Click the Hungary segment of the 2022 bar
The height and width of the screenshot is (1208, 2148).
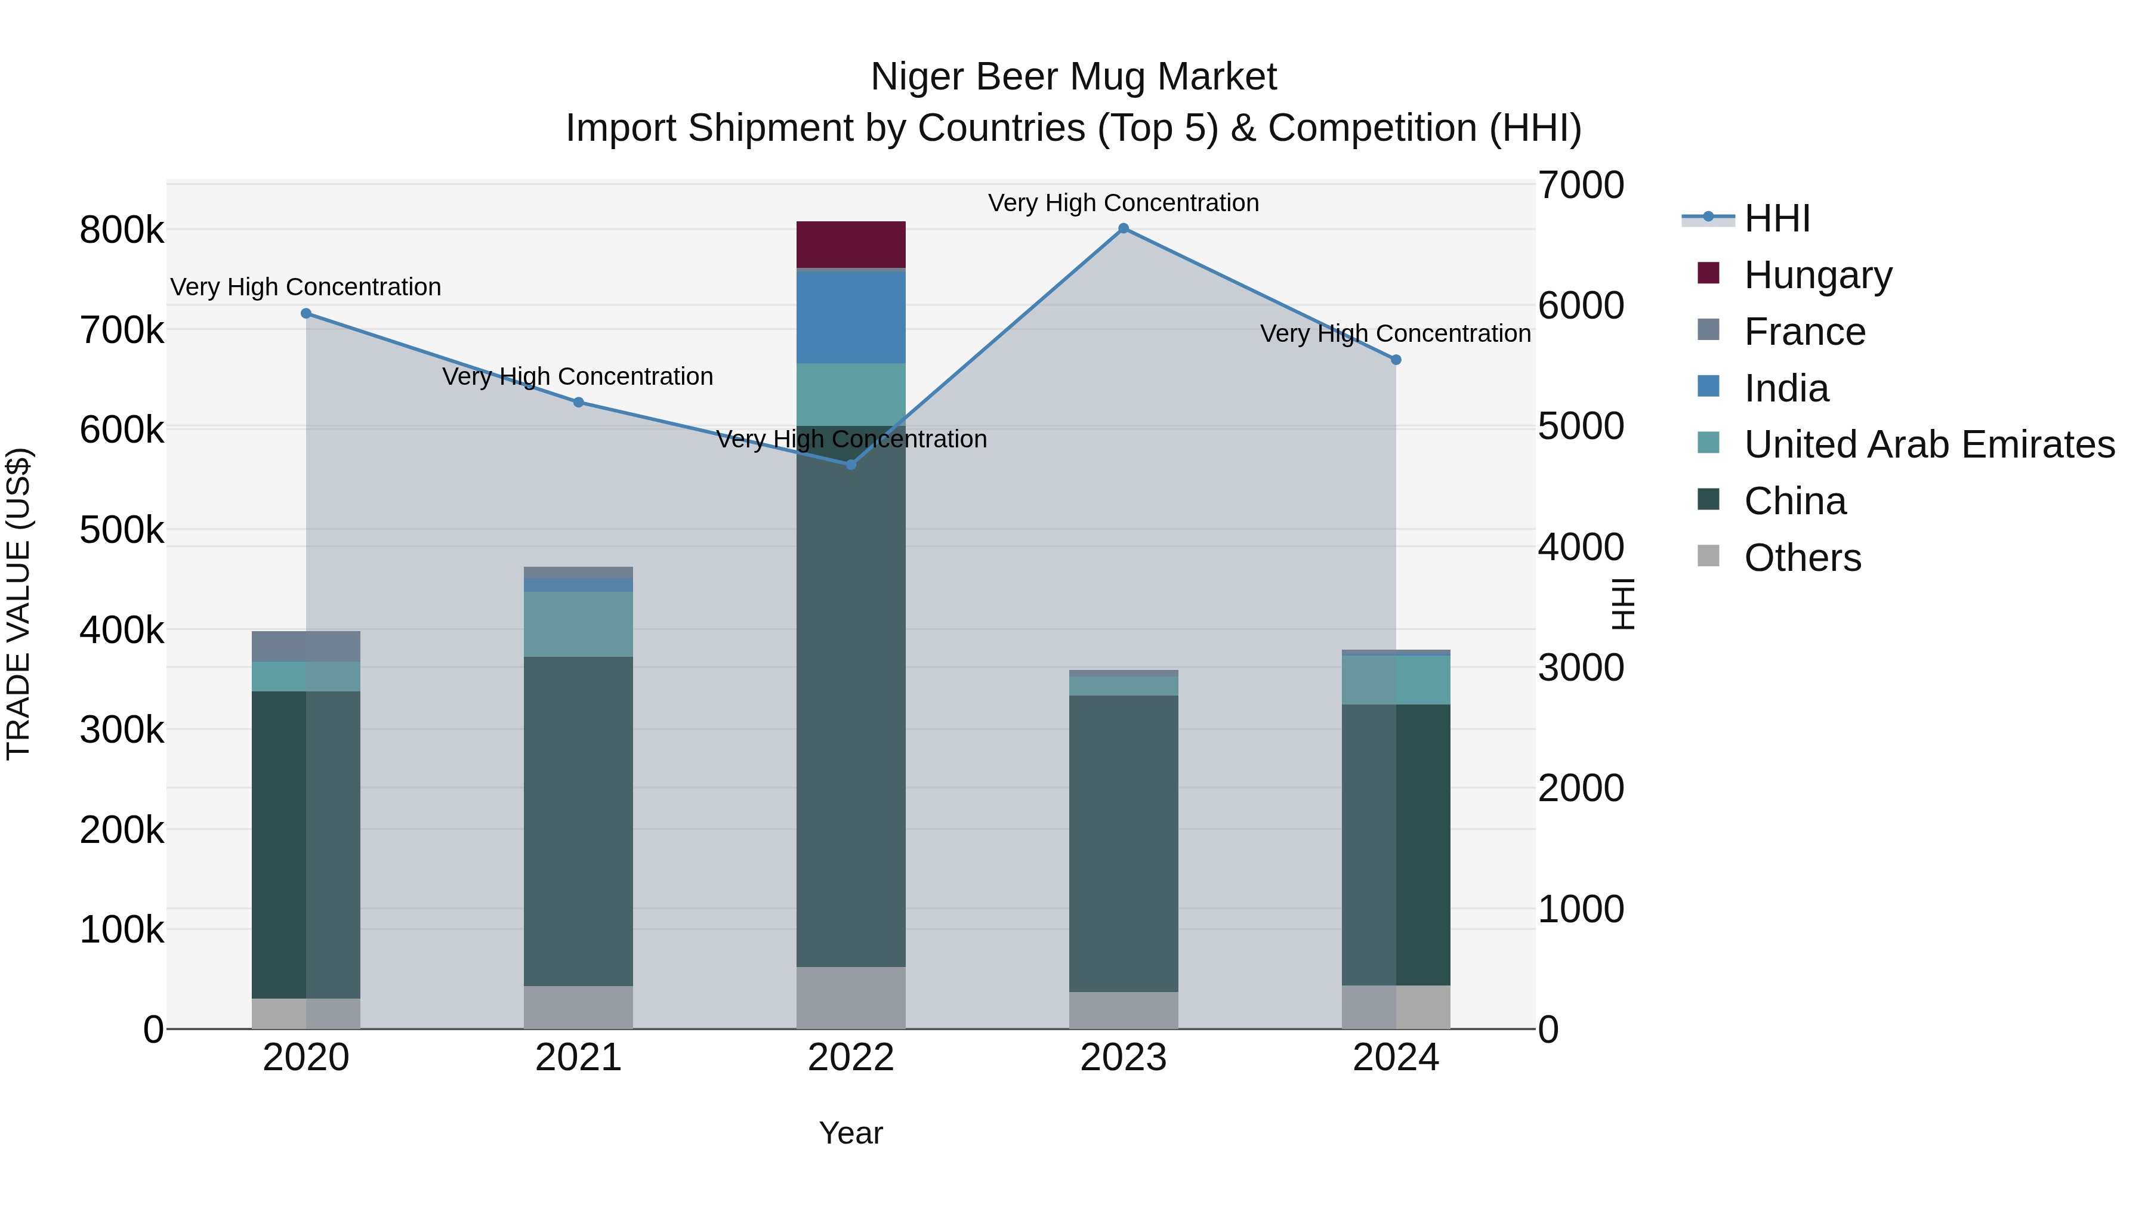pos(850,244)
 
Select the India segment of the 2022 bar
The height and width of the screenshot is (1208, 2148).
pos(850,317)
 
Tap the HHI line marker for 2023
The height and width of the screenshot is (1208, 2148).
pos(1123,228)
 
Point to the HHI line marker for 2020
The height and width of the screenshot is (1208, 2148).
pos(306,313)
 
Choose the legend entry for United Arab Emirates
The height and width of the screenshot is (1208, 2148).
pos(1928,444)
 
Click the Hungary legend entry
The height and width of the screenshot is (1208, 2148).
pos(1818,274)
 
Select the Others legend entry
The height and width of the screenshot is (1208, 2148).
pos(1802,558)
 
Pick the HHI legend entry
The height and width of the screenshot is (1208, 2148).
pos(1776,218)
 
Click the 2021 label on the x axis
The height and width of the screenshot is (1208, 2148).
pos(578,1058)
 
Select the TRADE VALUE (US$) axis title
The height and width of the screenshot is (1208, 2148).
pos(18,604)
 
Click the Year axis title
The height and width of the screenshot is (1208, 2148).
pos(850,1133)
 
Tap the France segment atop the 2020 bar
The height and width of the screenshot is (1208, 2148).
pos(306,646)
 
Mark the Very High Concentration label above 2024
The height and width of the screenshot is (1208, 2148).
pos(1395,333)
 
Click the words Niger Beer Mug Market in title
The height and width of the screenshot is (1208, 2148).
pos(1073,77)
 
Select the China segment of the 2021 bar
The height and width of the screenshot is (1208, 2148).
pos(578,821)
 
